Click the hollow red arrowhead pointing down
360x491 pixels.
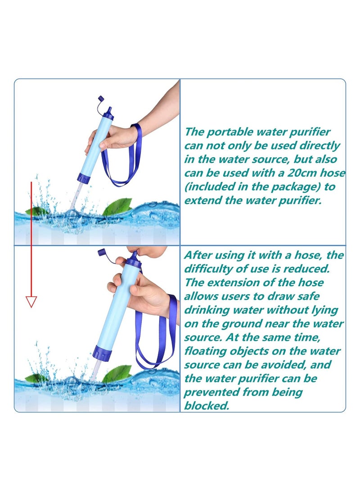[31, 301]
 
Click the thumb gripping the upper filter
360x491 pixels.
[105, 144]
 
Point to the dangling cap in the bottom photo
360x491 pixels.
[102, 252]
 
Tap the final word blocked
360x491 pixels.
[207, 405]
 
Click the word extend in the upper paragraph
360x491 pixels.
[203, 200]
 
